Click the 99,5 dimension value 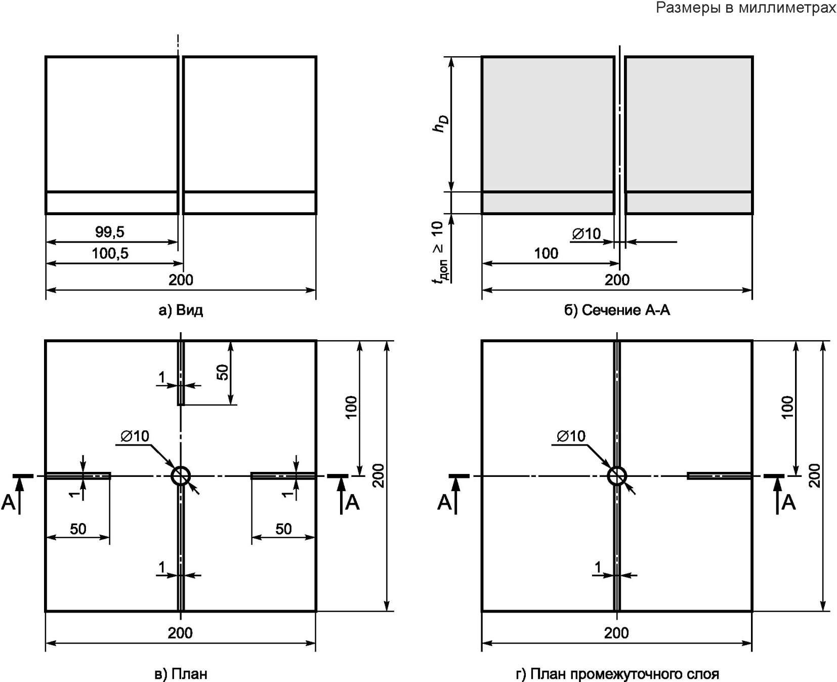109,232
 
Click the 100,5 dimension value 110,253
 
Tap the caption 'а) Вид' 181,310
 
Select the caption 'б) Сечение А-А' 617,310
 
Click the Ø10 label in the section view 587,233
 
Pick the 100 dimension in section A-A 547,253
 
